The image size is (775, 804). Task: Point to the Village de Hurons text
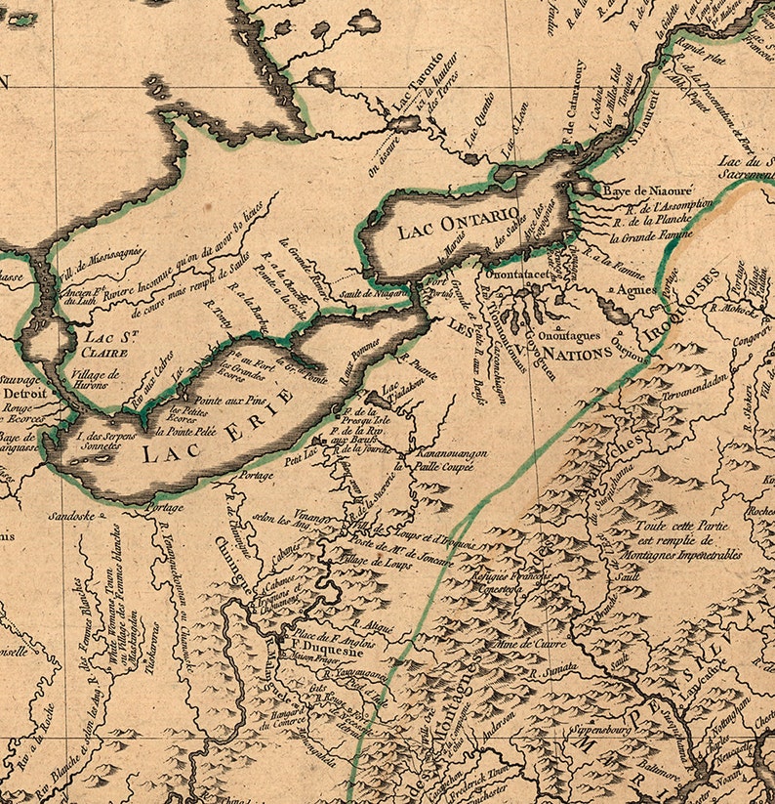96,379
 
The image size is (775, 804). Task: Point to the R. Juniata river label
555,668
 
